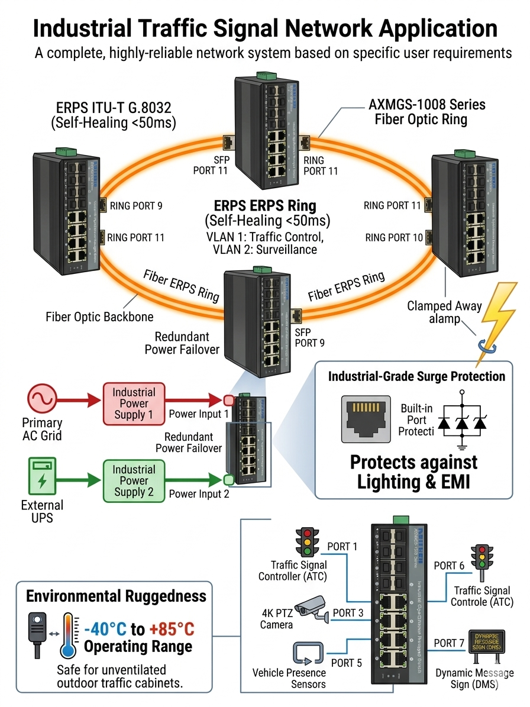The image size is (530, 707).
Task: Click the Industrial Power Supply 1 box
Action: click(x=134, y=403)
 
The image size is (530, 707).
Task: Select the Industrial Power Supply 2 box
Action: click(x=134, y=480)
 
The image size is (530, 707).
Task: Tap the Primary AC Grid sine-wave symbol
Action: click(x=41, y=399)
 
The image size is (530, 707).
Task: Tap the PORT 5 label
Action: click(x=347, y=663)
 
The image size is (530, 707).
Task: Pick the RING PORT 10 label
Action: click(x=394, y=238)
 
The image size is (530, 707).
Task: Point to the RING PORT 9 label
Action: click(x=137, y=206)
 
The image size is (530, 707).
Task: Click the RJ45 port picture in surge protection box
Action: click(x=366, y=419)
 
